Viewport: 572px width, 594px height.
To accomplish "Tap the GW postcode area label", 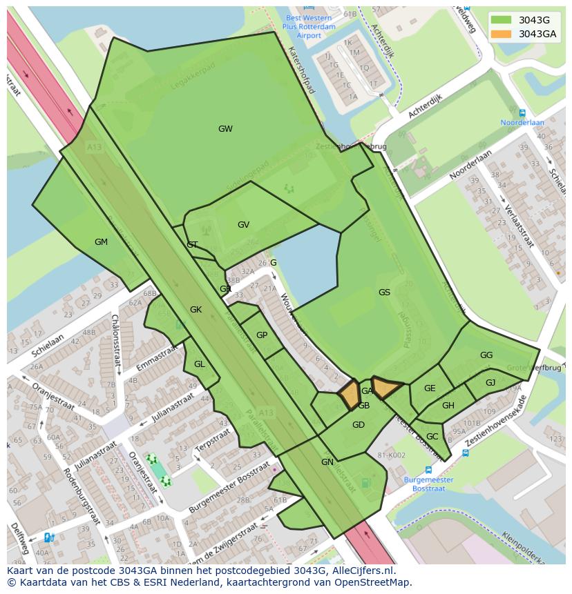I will tap(225, 129).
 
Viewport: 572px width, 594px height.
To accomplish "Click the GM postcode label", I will tap(101, 242).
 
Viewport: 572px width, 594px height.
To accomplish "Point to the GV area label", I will tap(243, 225).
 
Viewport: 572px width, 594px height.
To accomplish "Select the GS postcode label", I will tap(384, 293).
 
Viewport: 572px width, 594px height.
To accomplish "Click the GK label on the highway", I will tap(196, 310).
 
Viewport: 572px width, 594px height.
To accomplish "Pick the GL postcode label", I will tap(200, 364).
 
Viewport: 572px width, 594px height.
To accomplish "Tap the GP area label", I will tap(262, 335).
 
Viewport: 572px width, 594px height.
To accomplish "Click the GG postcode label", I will tap(486, 355).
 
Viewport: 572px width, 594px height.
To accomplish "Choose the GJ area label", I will tap(490, 383).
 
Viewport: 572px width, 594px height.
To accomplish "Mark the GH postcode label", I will tap(448, 406).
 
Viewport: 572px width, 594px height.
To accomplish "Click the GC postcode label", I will tap(432, 437).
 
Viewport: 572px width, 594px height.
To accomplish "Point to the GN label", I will tap(327, 462).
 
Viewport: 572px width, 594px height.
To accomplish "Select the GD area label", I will tap(358, 425).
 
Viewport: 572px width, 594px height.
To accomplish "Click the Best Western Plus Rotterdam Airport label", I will tap(309, 26).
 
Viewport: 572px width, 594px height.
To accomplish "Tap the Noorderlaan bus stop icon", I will tap(522, 113).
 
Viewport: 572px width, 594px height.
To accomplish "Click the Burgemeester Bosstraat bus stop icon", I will tap(428, 470).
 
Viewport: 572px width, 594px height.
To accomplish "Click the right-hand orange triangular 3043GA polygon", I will tap(385, 388).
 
